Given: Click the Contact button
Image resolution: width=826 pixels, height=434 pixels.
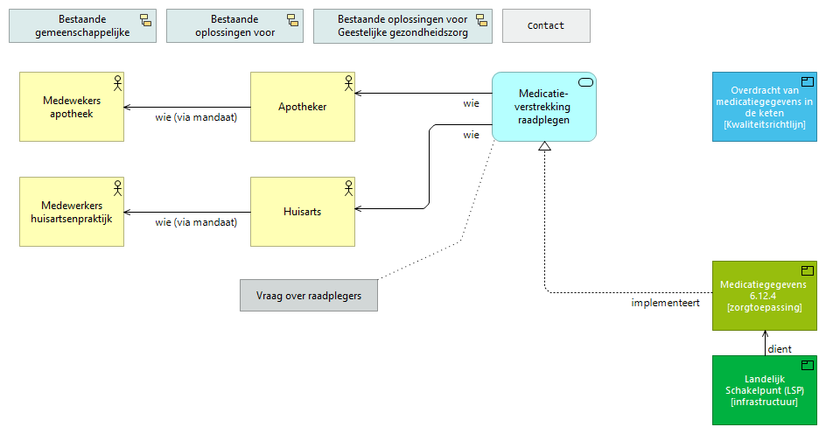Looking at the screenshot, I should [x=546, y=26].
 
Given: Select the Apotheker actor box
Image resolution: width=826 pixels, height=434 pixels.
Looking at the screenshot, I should [x=302, y=107].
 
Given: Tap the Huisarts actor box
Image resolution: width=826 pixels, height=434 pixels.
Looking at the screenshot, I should [x=302, y=212].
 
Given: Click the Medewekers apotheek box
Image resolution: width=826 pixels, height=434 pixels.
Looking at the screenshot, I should [x=71, y=107].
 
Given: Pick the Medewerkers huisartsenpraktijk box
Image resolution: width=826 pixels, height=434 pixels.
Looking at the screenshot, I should [x=71, y=212].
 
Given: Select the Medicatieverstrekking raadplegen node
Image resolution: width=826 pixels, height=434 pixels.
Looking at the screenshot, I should [x=543, y=107].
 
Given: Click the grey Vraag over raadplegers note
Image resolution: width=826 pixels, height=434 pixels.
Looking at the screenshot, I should [x=308, y=296].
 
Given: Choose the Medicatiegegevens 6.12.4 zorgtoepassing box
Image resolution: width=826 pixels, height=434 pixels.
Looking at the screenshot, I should [x=764, y=296].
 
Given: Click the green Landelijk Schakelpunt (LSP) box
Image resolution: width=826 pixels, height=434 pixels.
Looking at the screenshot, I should [x=764, y=390].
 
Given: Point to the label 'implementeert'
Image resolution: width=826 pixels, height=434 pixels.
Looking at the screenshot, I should [x=665, y=304].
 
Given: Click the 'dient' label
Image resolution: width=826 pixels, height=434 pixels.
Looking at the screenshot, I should [x=779, y=349].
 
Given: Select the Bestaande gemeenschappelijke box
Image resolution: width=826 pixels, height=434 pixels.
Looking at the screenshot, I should [x=83, y=26].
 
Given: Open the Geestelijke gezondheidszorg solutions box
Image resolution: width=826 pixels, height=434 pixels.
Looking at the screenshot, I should [x=402, y=26].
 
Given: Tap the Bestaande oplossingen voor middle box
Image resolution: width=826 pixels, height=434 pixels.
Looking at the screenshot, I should [x=234, y=26].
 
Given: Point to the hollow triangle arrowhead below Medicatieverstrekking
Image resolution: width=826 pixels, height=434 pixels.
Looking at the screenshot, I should [x=544, y=146].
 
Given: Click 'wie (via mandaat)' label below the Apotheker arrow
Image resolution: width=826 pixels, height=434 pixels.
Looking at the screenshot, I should [x=196, y=117].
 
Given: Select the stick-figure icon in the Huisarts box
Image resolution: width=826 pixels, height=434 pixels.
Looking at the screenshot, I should [x=347, y=187].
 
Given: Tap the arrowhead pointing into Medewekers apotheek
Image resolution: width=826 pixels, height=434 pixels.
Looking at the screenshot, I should [x=128, y=107].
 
